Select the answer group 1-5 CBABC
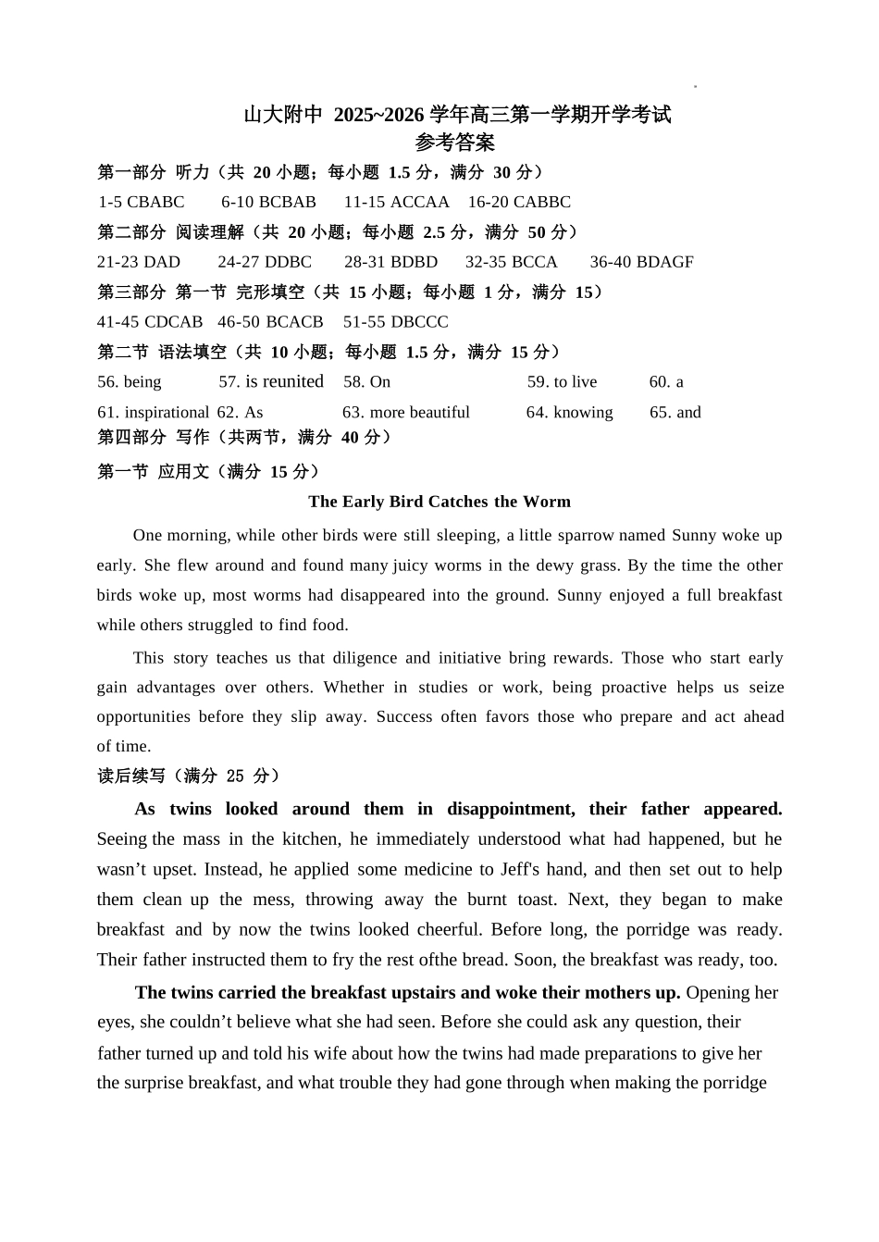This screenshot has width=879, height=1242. (x=142, y=202)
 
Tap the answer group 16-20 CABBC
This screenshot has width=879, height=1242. (x=519, y=202)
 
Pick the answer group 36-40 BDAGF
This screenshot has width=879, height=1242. (x=641, y=262)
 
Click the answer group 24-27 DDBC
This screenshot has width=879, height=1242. (x=265, y=262)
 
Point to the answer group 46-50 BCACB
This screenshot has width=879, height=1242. (x=270, y=322)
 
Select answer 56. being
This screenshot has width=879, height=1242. (x=130, y=382)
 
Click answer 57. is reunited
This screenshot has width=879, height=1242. (x=271, y=381)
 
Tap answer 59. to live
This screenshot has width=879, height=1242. (x=562, y=382)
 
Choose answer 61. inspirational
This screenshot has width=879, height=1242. (x=153, y=413)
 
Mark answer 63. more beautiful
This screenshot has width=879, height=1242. (x=406, y=413)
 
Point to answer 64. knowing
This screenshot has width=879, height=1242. (x=569, y=413)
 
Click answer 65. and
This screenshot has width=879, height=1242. (x=675, y=413)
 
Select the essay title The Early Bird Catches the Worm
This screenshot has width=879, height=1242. (x=439, y=502)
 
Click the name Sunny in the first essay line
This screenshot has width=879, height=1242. (x=694, y=535)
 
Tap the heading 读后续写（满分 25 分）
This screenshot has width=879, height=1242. (x=189, y=776)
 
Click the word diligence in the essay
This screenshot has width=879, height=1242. (x=365, y=658)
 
